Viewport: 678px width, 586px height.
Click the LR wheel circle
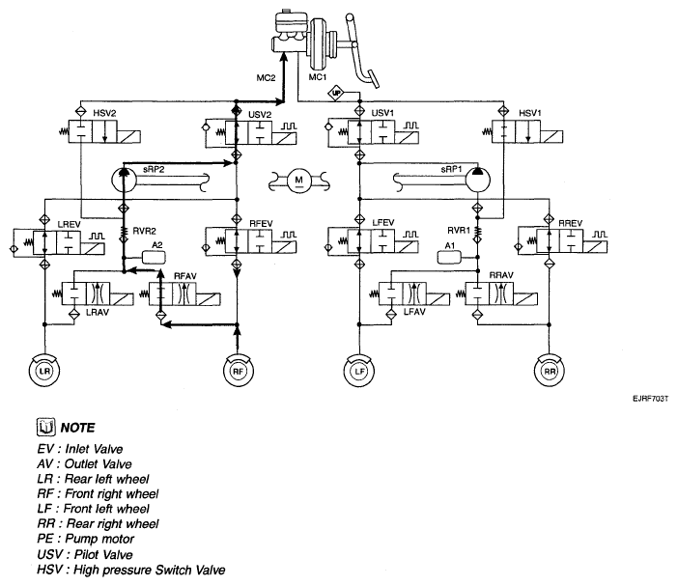point(44,371)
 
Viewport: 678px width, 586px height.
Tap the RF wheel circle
point(238,371)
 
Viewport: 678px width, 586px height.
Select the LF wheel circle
point(359,371)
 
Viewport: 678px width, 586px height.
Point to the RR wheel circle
point(550,371)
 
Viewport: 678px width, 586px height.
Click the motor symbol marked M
point(298,181)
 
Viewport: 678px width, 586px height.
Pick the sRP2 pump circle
point(124,180)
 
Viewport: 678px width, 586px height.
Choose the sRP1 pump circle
point(477,180)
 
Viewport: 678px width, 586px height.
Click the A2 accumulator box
point(154,257)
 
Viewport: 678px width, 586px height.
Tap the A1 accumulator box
point(450,257)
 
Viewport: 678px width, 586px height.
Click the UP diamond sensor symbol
point(336,93)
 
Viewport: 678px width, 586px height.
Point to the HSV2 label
point(104,113)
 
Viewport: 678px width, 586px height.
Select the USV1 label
point(383,113)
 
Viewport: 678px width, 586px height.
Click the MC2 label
point(266,78)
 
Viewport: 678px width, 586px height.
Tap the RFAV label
point(185,276)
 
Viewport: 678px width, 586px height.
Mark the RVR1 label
point(459,231)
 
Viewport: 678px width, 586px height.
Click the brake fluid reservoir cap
point(286,10)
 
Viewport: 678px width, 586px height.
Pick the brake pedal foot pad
point(372,78)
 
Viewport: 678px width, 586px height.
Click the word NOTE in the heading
point(78,428)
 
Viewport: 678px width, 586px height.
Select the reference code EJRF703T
point(650,399)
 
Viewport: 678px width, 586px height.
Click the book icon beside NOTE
point(45,427)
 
